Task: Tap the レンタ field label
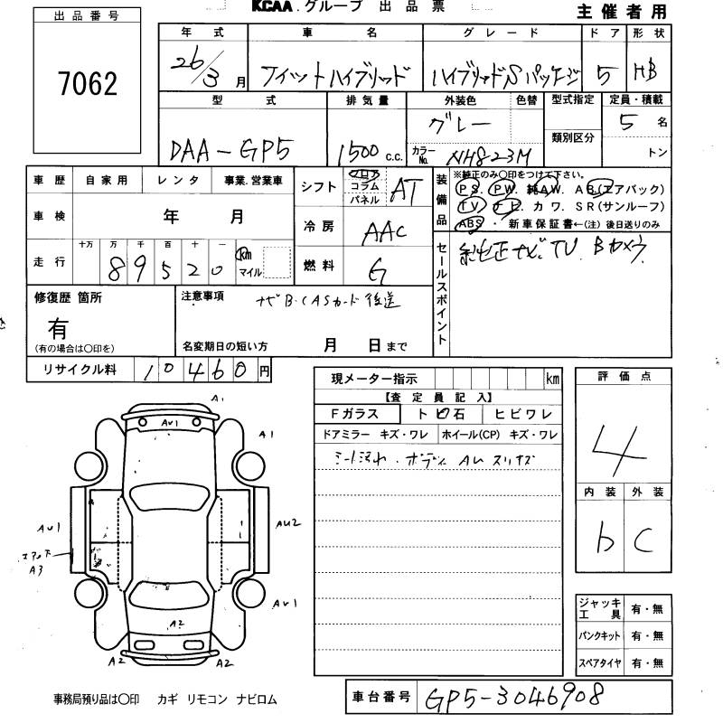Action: (x=177, y=181)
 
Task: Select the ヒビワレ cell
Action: (x=523, y=415)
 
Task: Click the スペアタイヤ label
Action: (x=600, y=663)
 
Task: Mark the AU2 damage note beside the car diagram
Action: (x=289, y=522)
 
